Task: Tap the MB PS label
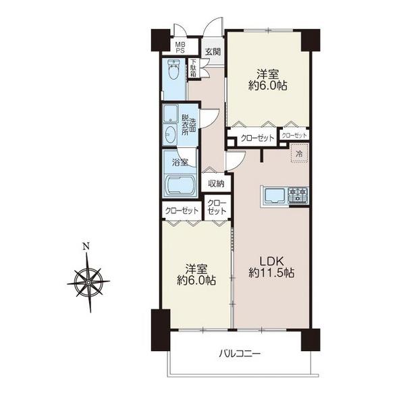tap(180, 47)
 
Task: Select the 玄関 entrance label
tap(213, 52)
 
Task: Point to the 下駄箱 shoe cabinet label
tap(193, 67)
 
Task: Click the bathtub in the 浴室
tap(180, 184)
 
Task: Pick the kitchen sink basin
tap(274, 194)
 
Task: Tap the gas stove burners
tap(298, 194)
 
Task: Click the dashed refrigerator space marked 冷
tap(299, 153)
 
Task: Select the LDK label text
tap(271, 261)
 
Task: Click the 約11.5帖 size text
tap(271, 273)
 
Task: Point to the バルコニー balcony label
tap(240, 353)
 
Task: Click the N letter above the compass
tap(86, 246)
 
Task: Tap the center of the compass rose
tap(88, 283)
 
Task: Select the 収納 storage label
tap(216, 184)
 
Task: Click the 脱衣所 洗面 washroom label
tap(188, 125)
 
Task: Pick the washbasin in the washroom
tap(169, 134)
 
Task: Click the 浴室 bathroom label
tap(180, 163)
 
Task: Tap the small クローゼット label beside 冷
tap(294, 136)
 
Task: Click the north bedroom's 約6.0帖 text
tap(268, 86)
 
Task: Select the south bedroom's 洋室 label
tap(196, 269)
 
